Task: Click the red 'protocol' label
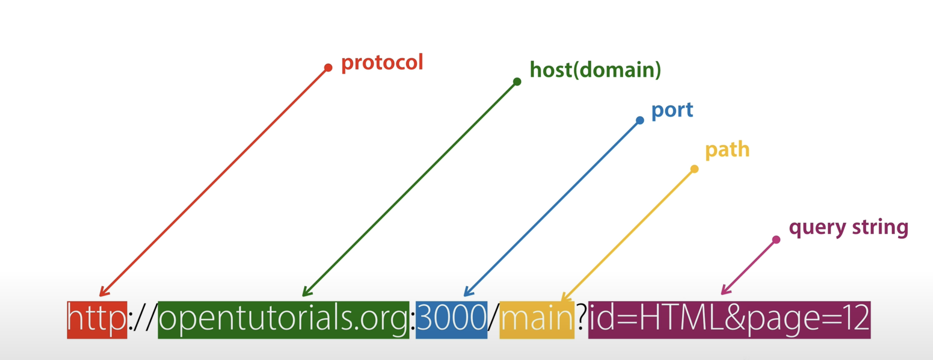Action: [x=382, y=63]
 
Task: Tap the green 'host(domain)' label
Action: [x=595, y=70]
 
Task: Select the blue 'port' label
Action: [x=672, y=110]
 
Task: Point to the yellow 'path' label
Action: [x=727, y=149]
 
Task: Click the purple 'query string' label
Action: [x=849, y=228]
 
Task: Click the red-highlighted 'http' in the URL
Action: [x=97, y=319]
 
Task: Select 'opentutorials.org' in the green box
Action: [x=283, y=319]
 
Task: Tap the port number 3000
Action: [x=451, y=319]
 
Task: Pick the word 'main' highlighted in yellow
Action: [x=537, y=319]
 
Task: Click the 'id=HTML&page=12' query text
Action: [x=729, y=319]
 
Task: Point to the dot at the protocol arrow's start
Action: [x=328, y=68]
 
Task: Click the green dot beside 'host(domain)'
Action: [x=517, y=81]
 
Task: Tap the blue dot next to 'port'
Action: [x=640, y=121]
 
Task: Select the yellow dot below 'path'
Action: [x=694, y=169]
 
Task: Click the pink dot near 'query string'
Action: [x=776, y=240]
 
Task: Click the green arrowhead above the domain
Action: [x=305, y=293]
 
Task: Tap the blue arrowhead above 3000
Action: [x=467, y=293]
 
